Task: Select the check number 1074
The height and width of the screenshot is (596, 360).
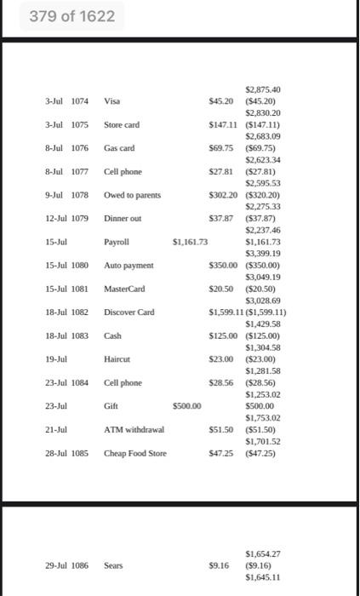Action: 79,101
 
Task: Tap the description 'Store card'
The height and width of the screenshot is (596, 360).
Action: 122,125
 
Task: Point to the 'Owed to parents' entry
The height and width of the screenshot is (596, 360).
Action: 132,195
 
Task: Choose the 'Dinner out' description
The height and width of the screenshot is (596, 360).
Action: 123,219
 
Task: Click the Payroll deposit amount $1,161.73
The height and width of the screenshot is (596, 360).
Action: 190,242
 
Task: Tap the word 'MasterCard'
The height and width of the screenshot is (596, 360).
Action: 125,289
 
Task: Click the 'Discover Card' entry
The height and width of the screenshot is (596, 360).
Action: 129,312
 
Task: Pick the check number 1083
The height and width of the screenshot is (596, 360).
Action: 79,335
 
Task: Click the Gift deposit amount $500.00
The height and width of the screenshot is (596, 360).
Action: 186,406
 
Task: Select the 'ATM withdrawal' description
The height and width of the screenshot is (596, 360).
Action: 134,430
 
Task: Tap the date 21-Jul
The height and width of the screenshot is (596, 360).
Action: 56,430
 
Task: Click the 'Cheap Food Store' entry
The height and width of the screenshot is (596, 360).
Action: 135,453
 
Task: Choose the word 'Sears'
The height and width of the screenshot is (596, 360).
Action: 114,564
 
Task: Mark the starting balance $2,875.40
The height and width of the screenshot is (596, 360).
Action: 263,89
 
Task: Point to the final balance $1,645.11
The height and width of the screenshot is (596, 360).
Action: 263,576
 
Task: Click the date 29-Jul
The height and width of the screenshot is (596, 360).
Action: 56,564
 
